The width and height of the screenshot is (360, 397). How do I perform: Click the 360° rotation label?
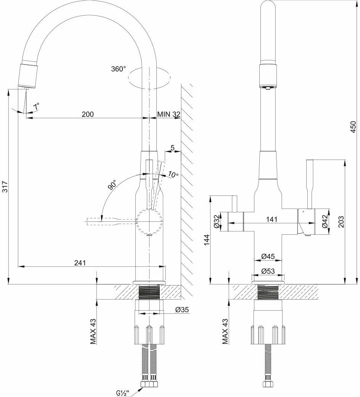[118, 69]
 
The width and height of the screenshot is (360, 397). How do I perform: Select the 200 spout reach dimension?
[88, 114]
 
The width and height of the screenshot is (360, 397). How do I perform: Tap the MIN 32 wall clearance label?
[169, 114]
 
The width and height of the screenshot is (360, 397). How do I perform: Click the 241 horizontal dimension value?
[80, 263]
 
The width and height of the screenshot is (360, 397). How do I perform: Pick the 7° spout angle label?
[36, 107]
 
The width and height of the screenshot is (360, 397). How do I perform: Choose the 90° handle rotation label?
[112, 185]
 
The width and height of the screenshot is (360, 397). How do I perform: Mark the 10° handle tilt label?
[173, 175]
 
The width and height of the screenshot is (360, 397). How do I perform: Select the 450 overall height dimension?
[353, 127]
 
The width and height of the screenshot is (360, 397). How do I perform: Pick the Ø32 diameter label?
[217, 221]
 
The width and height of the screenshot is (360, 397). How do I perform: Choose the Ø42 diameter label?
[325, 221]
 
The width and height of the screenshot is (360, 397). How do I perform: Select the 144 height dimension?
[206, 240]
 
